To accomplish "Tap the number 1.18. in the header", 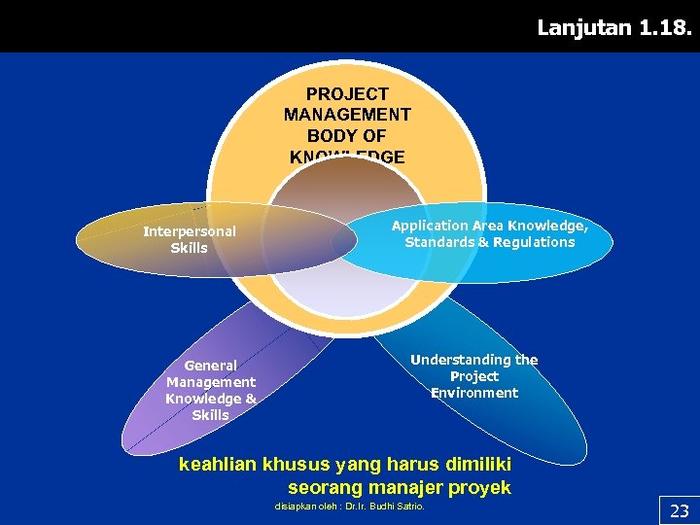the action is click(x=666, y=27).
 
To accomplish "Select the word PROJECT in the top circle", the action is click(x=347, y=94).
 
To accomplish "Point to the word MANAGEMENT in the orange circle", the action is click(x=347, y=115).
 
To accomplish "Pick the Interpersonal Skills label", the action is click(x=190, y=239).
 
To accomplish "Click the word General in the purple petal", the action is click(x=210, y=366).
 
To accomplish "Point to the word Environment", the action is click(x=474, y=393).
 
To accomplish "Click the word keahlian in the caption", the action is click(x=218, y=465).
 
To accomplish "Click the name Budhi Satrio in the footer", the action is click(x=402, y=507).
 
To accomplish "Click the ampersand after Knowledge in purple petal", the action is click(x=251, y=399).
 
